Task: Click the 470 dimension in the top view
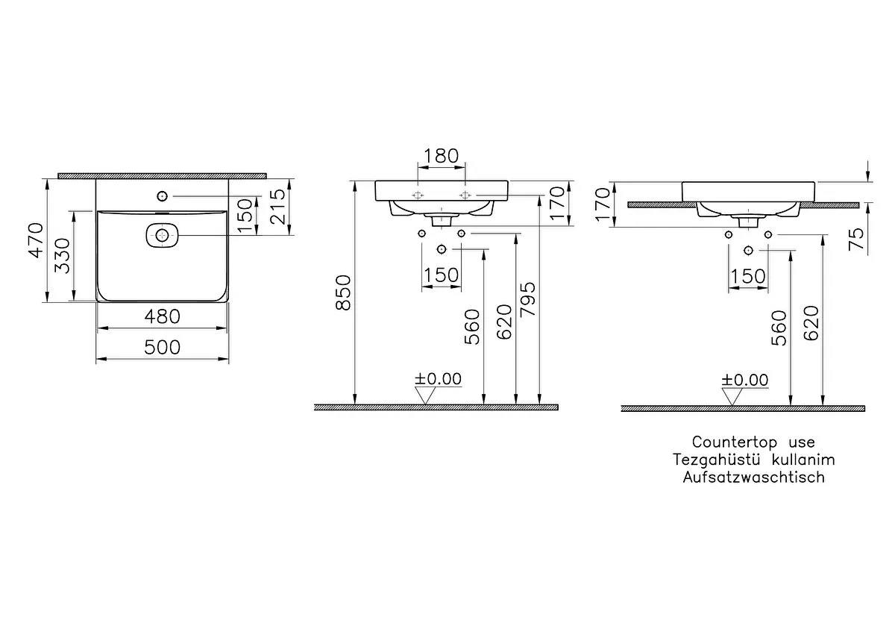coord(36,241)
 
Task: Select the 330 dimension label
coord(63,256)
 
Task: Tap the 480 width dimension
coord(163,317)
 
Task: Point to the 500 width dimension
coord(163,348)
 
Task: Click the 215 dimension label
coord(278,207)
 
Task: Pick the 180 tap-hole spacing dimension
coord(441,156)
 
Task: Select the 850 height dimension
coord(343,292)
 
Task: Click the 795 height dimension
coord(528,300)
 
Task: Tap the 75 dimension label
coord(857,240)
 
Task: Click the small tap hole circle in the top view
coord(162,196)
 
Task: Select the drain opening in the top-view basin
coord(162,236)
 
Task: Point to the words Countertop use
coord(753,442)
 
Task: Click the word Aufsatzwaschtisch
coord(753,478)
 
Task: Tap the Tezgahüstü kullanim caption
coord(753,460)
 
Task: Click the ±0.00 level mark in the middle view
coord(438,379)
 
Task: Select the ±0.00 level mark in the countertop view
coord(745,380)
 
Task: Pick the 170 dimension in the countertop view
coord(603,204)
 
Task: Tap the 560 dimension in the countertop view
coord(779,328)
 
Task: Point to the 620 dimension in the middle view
coord(504,322)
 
